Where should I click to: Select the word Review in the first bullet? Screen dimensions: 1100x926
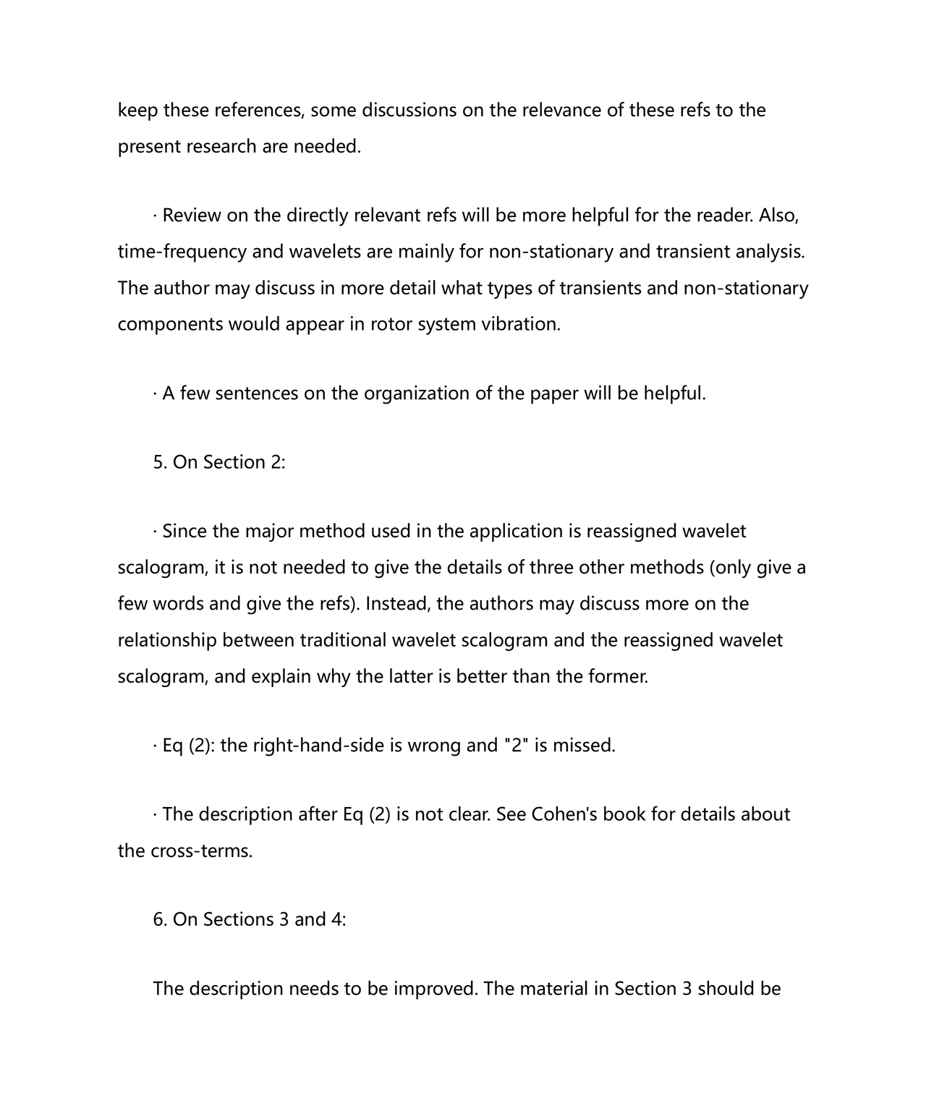tap(192, 216)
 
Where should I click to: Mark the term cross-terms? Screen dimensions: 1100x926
tap(202, 850)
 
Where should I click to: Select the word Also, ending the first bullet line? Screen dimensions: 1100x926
tap(778, 216)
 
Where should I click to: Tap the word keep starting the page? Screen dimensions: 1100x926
tap(137, 110)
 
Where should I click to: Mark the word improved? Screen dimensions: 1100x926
tap(436, 989)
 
